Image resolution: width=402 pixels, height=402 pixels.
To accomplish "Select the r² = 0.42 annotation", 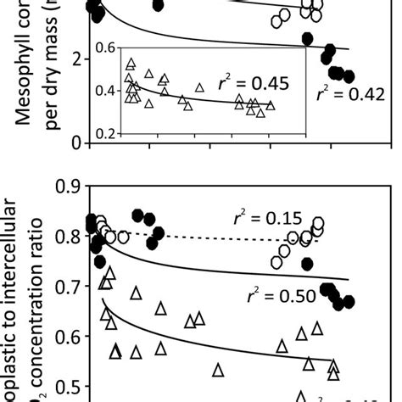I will coord(341,94).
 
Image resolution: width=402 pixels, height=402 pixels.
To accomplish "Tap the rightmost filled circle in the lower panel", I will coord(349,301).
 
